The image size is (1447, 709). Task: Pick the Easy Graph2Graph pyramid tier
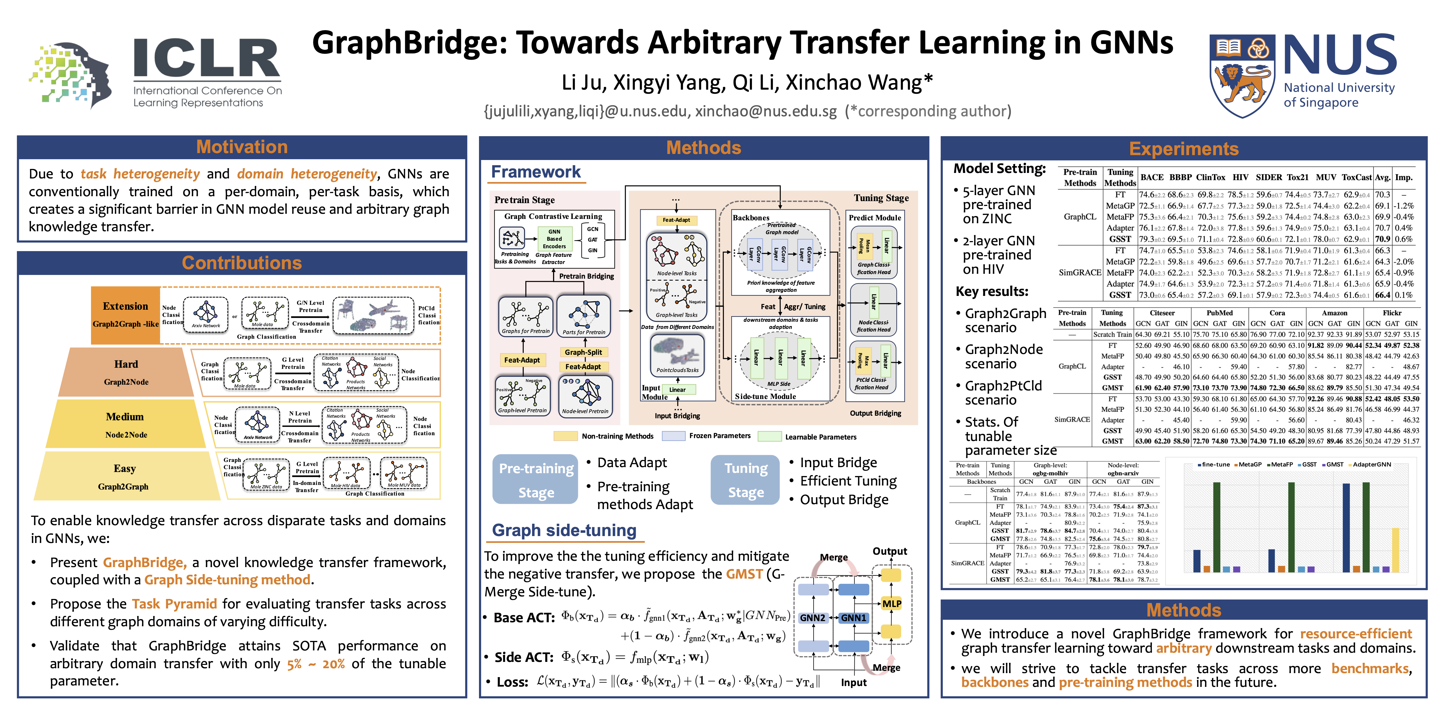click(x=125, y=477)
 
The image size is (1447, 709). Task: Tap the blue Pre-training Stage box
click(x=536, y=479)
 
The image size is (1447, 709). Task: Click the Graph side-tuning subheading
click(x=564, y=530)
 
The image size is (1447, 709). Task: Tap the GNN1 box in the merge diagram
click(x=853, y=617)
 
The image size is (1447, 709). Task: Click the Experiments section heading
click(x=1184, y=149)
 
